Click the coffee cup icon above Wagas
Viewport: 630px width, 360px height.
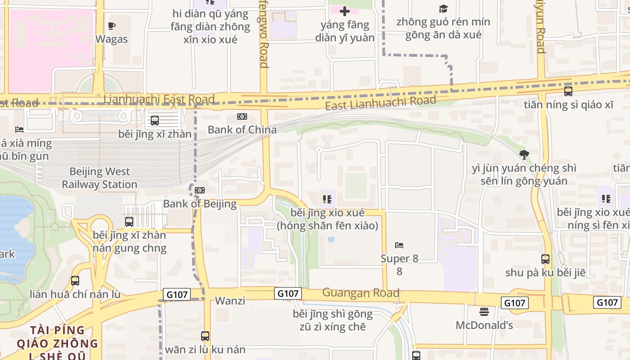(112, 26)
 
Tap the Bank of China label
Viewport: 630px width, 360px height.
(242, 130)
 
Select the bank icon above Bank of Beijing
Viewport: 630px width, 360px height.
(200, 190)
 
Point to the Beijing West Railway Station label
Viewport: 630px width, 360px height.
(99, 178)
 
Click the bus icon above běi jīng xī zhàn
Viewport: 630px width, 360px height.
(155, 121)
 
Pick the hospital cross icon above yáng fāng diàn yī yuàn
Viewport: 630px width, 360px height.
(345, 11)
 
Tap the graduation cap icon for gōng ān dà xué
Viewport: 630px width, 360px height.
(444, 9)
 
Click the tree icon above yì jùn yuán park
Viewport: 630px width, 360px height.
(524, 155)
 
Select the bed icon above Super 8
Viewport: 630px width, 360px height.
(399, 245)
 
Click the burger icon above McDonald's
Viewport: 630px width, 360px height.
(484, 311)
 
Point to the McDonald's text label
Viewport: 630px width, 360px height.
(484, 325)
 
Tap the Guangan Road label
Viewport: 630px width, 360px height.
(361, 293)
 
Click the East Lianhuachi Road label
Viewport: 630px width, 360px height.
(381, 103)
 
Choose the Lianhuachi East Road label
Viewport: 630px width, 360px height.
(159, 99)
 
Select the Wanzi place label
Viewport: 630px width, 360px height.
(230, 301)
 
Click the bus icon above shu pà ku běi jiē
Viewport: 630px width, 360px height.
(545, 259)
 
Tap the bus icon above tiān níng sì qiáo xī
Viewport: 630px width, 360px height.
(568, 91)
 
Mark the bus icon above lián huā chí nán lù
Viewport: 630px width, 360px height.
(75, 281)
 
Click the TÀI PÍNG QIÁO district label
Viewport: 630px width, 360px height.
(57, 337)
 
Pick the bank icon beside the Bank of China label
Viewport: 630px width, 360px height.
(242, 117)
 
